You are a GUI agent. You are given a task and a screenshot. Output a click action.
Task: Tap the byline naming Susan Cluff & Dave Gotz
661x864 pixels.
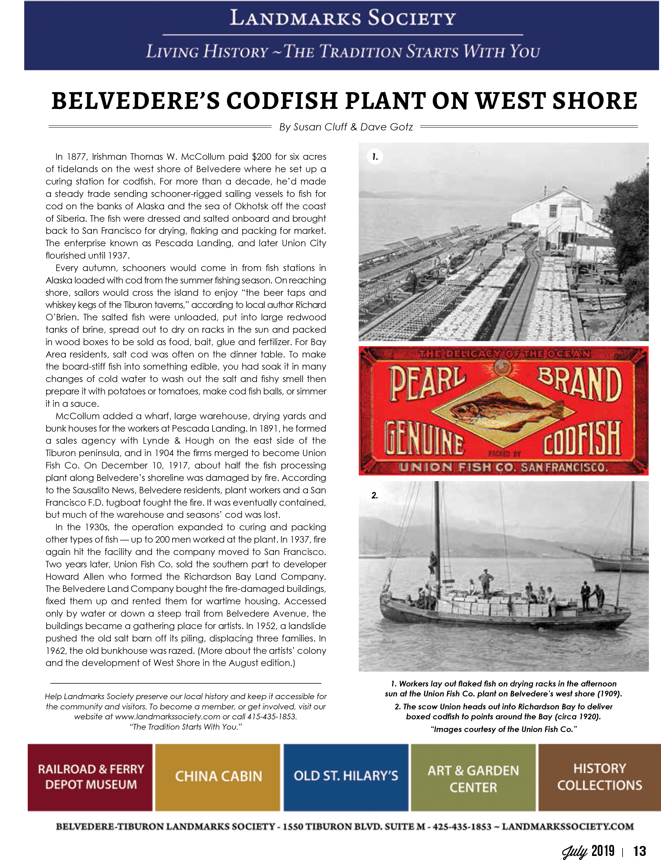pos(346,127)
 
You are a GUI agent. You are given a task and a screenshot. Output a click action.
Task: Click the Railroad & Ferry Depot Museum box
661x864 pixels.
pos(91,776)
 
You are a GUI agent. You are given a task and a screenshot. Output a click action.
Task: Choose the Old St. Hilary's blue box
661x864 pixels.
pos(346,776)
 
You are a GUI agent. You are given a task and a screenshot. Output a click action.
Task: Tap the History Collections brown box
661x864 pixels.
pos(599,776)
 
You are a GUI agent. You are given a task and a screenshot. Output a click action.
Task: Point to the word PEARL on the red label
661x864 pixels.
pos(427,382)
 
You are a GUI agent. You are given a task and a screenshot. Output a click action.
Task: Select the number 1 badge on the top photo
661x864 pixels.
pos(375,157)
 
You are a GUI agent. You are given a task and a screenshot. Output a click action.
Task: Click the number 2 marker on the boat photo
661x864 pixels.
pos(375,495)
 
